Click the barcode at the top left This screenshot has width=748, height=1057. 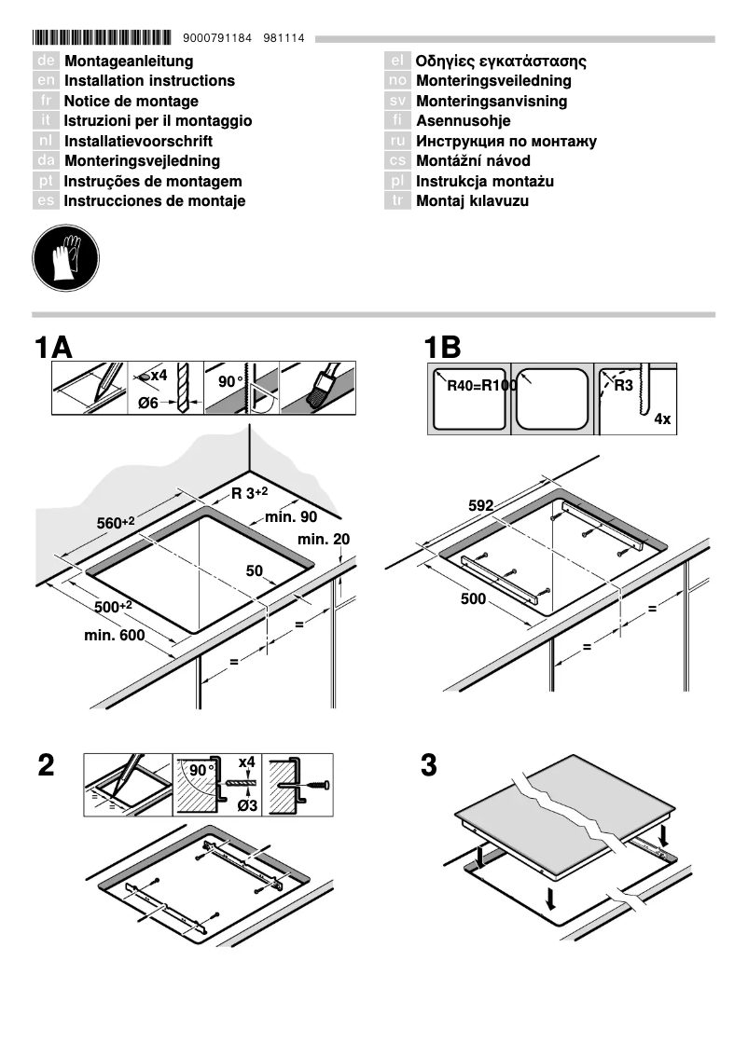click(x=102, y=39)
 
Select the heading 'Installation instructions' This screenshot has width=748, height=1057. click(x=149, y=81)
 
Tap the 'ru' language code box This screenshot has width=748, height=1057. click(x=397, y=142)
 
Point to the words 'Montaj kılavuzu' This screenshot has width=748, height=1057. click(x=472, y=201)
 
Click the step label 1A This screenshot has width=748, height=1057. click(x=52, y=348)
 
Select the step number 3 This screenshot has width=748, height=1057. click(x=429, y=766)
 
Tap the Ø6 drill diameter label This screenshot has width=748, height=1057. click(x=147, y=404)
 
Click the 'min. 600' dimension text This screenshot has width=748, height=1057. click(x=115, y=636)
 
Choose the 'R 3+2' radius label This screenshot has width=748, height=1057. click(x=250, y=493)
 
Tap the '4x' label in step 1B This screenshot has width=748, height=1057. click(x=662, y=420)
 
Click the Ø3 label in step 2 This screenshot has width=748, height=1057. click(x=247, y=805)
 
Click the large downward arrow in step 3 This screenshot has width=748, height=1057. click(x=552, y=898)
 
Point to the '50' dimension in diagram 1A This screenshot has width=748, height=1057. click(x=255, y=570)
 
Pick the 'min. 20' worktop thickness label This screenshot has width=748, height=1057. click(x=324, y=541)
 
